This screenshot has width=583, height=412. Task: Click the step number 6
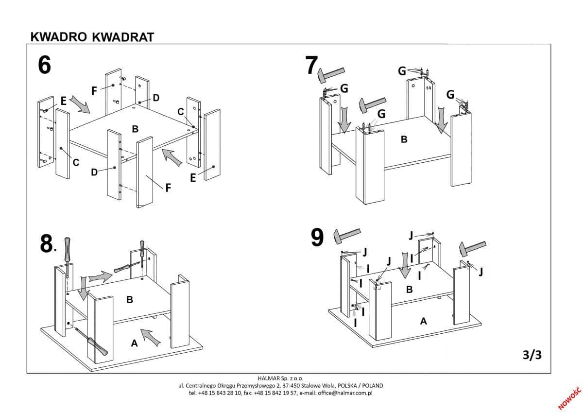44,66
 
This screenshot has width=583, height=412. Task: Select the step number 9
317,238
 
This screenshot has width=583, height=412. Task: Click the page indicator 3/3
532,355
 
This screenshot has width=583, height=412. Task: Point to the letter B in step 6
135,129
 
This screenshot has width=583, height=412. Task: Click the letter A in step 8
135,343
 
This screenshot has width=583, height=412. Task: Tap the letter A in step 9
423,321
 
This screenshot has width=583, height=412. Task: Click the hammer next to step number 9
346,236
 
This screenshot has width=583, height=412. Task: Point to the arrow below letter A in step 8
150,337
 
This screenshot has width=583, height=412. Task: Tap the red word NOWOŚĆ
569,397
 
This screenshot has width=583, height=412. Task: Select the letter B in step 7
403,139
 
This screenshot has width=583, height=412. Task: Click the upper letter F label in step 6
95,90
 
